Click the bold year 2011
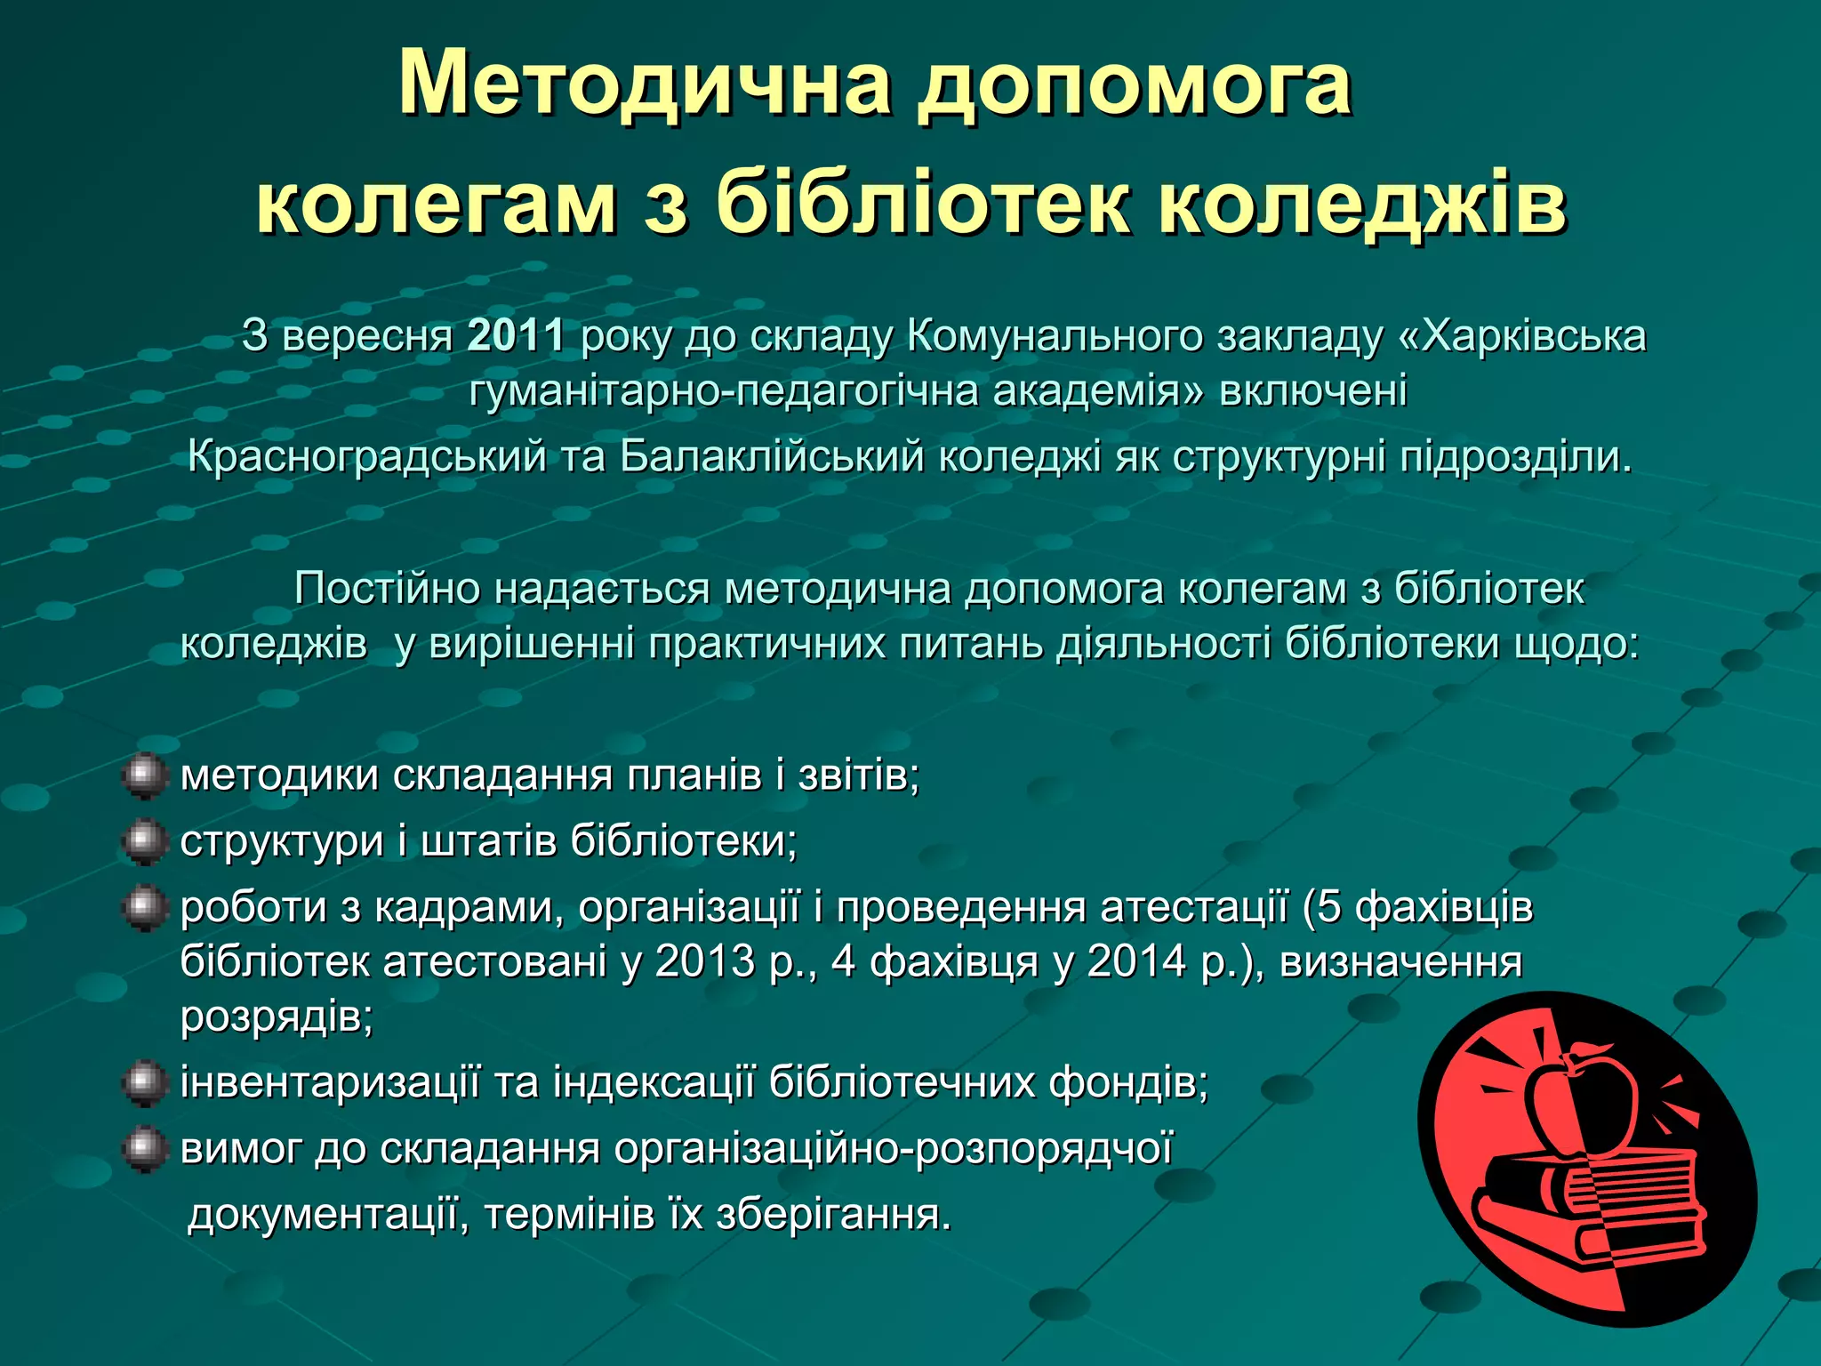point(516,336)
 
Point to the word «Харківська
point(1522,336)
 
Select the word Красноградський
point(366,457)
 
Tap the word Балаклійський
point(772,457)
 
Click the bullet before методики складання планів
point(143,776)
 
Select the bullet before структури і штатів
point(143,842)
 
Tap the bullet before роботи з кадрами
point(143,908)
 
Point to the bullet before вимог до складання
point(143,1149)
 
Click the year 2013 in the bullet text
point(704,962)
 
